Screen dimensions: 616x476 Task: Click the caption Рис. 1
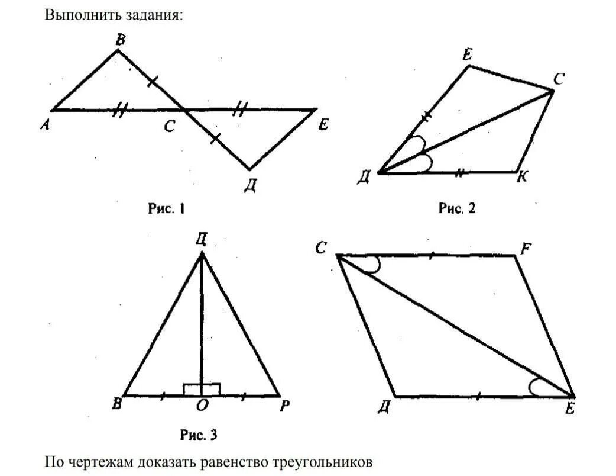[166, 208]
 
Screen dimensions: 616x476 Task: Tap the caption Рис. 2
[457, 208]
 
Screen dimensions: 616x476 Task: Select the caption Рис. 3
[198, 436]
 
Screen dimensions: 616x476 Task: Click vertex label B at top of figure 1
[120, 40]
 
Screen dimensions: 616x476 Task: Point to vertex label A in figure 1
[44, 124]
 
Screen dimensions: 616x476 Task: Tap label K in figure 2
[522, 177]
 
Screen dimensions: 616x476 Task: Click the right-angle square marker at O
[202, 389]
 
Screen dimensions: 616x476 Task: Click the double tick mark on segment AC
[121, 110]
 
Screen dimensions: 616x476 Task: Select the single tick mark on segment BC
[152, 81]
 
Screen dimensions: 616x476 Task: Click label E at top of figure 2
[467, 56]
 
